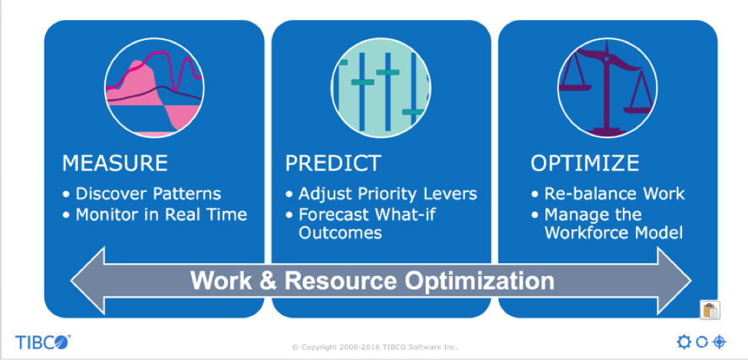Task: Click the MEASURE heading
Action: [x=115, y=163]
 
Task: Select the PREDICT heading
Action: [x=333, y=163]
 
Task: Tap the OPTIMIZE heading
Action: [x=585, y=163]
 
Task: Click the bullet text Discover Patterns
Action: [x=148, y=194]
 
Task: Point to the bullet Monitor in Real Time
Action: [x=161, y=214]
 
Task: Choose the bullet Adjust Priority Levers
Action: [x=387, y=194]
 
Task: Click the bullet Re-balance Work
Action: [x=615, y=194]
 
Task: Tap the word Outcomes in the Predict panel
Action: [x=340, y=233]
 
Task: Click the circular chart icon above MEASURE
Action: [x=154, y=88]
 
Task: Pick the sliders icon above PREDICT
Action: [x=381, y=88]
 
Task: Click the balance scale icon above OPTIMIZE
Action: [x=608, y=88]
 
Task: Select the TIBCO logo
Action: [x=43, y=342]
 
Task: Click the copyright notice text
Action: [x=374, y=347]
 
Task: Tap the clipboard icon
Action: [x=710, y=310]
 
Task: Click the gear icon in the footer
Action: [x=684, y=342]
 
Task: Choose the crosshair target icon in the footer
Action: [x=719, y=342]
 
